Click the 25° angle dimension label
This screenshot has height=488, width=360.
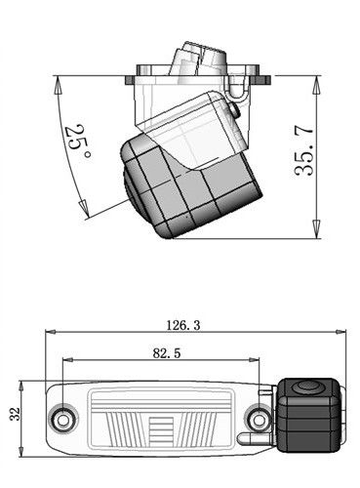(77, 142)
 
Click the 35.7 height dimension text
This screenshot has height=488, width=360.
(303, 150)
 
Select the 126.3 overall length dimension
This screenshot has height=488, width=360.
(183, 325)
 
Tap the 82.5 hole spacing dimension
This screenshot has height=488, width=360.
(167, 353)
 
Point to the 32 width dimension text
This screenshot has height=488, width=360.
(15, 414)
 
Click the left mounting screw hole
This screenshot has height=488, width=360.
(63, 420)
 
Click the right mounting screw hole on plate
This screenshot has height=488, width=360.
(260, 420)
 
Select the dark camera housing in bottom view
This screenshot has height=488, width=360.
(307, 415)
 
